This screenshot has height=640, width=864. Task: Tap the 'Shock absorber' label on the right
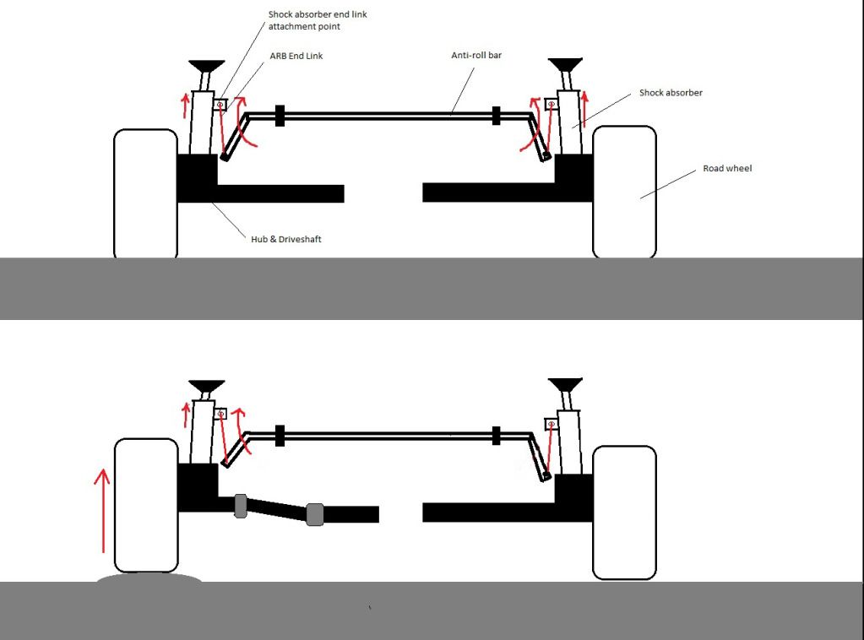pyautogui.click(x=671, y=92)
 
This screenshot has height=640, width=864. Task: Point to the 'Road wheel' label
pyautogui.click(x=727, y=169)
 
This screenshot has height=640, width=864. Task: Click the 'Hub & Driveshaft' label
pyautogui.click(x=285, y=240)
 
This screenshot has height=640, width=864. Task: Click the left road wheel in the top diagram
pyautogui.click(x=145, y=193)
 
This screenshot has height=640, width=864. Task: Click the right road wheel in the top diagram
pyautogui.click(x=624, y=192)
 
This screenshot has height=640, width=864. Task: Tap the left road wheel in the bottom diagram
pyautogui.click(x=145, y=505)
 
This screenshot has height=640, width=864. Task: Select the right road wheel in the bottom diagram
pyautogui.click(x=624, y=512)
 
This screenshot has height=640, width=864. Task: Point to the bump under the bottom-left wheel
pyautogui.click(x=149, y=579)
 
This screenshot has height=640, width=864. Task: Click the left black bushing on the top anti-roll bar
pyautogui.click(x=280, y=116)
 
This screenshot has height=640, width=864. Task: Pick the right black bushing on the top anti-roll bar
pyautogui.click(x=497, y=116)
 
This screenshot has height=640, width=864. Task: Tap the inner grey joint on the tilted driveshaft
pyautogui.click(x=315, y=514)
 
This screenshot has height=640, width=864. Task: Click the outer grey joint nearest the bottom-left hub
pyautogui.click(x=240, y=506)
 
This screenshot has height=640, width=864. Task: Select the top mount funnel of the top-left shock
pyautogui.click(x=206, y=66)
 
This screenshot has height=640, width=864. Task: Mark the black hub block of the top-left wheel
pyautogui.click(x=197, y=179)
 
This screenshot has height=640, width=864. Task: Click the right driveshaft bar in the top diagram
pyautogui.click(x=490, y=193)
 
